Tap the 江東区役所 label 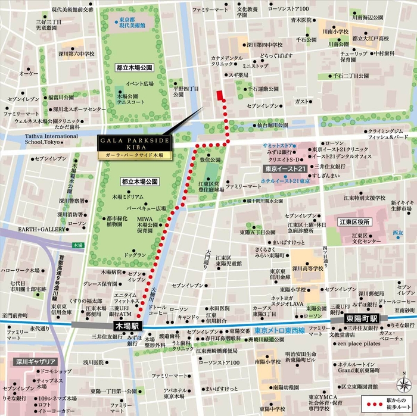[355, 222]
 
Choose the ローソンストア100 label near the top [288, 9]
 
